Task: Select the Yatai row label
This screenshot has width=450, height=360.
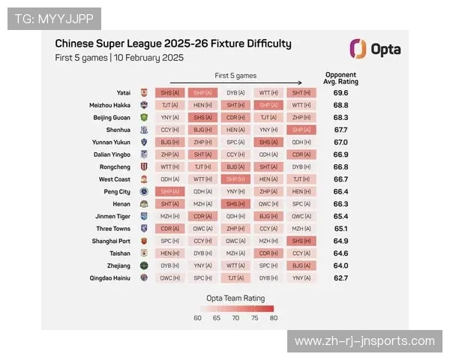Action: (x=121, y=93)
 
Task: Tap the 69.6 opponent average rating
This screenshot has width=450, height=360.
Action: (x=340, y=93)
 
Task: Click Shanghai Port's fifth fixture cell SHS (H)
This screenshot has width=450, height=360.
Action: (x=301, y=241)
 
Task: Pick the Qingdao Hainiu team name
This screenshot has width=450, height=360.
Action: (x=109, y=277)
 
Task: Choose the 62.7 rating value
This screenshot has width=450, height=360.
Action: (x=340, y=277)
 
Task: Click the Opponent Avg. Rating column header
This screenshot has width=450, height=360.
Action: (x=340, y=78)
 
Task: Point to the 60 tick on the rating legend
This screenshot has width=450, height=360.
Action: (x=197, y=318)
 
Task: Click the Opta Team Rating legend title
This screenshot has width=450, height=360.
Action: (x=235, y=297)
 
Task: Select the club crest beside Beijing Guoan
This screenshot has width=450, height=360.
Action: (x=144, y=118)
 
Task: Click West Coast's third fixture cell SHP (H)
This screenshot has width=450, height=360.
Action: (x=235, y=179)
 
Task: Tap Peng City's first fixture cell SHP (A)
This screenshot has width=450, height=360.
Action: (x=169, y=191)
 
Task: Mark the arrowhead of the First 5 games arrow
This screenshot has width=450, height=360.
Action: (x=300, y=83)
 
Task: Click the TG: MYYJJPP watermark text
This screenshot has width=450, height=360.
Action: (x=53, y=18)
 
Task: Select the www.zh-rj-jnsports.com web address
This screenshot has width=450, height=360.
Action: (x=364, y=341)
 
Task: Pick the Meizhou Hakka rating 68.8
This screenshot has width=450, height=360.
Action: (x=340, y=105)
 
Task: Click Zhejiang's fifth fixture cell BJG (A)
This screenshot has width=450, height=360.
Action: (x=301, y=265)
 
